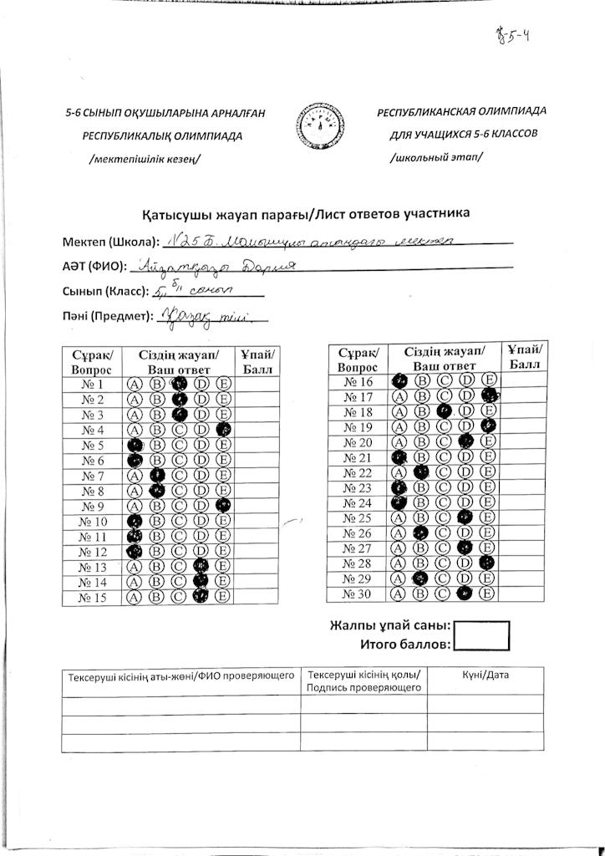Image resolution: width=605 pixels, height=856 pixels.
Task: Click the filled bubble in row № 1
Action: click(178, 385)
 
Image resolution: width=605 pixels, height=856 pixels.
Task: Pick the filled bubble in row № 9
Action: click(223, 506)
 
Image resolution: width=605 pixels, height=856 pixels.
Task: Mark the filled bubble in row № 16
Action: click(399, 380)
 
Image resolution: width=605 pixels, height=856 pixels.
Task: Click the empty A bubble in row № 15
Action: click(133, 597)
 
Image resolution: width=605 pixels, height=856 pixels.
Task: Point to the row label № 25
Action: click(357, 518)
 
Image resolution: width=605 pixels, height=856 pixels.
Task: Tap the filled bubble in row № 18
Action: click(445, 411)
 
